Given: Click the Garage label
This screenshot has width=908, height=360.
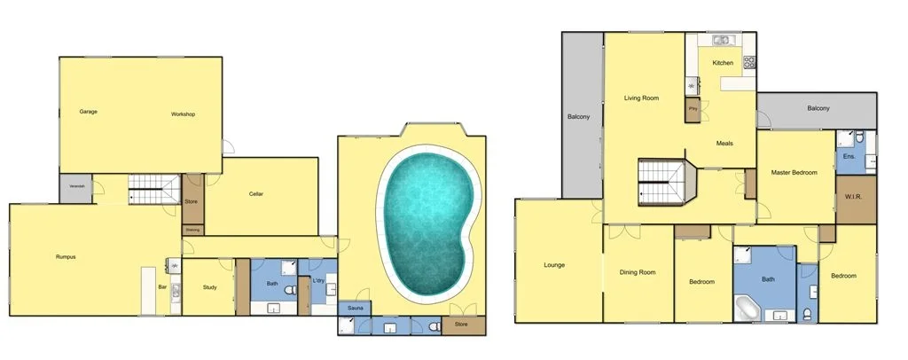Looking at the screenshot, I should (88, 112).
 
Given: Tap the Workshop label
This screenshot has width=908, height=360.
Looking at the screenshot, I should (183, 114).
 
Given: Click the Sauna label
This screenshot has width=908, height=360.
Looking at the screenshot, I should (354, 309).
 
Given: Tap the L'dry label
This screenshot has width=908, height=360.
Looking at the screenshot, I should (318, 281).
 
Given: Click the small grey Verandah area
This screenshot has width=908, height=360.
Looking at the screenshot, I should (77, 187).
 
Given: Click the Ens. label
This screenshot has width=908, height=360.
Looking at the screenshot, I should (848, 156).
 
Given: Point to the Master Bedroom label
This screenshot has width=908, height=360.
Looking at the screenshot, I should (793, 172).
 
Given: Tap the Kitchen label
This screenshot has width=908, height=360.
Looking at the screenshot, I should (723, 63).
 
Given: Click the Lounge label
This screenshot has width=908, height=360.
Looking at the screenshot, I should (555, 265).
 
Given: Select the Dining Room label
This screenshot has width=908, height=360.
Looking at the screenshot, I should (638, 272).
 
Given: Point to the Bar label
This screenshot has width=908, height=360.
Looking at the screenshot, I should (162, 287).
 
